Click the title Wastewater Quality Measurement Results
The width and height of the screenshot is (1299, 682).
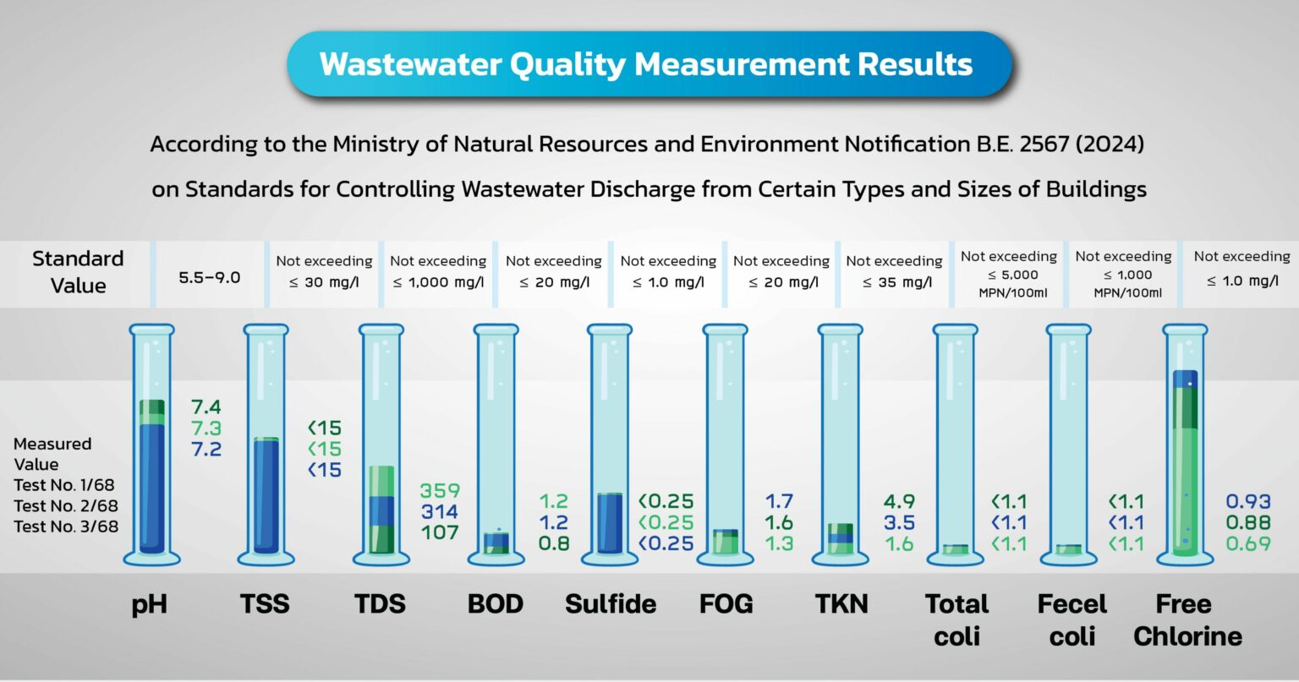[646, 65]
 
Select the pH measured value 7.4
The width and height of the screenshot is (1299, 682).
[206, 407]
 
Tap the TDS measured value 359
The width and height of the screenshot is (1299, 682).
[440, 491]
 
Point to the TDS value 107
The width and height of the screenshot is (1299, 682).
[440, 532]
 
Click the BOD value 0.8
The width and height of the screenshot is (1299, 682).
[554, 543]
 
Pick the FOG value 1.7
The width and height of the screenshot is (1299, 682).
[779, 502]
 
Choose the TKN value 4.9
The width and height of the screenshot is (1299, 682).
[899, 502]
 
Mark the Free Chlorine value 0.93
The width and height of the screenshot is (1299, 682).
[1248, 502]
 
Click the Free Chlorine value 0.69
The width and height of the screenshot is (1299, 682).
[1248, 543]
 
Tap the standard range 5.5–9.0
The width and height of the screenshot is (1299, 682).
[210, 277]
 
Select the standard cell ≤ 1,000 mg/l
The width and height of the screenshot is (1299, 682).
[438, 282]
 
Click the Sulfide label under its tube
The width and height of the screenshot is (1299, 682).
[611, 604]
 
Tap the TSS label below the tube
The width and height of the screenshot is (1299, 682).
[264, 604]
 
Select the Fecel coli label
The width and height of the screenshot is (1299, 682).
[1072, 619]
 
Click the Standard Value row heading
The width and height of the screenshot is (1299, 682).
[78, 272]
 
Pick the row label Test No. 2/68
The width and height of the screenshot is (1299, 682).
[66, 506]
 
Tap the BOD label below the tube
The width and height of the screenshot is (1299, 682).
[495, 604]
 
